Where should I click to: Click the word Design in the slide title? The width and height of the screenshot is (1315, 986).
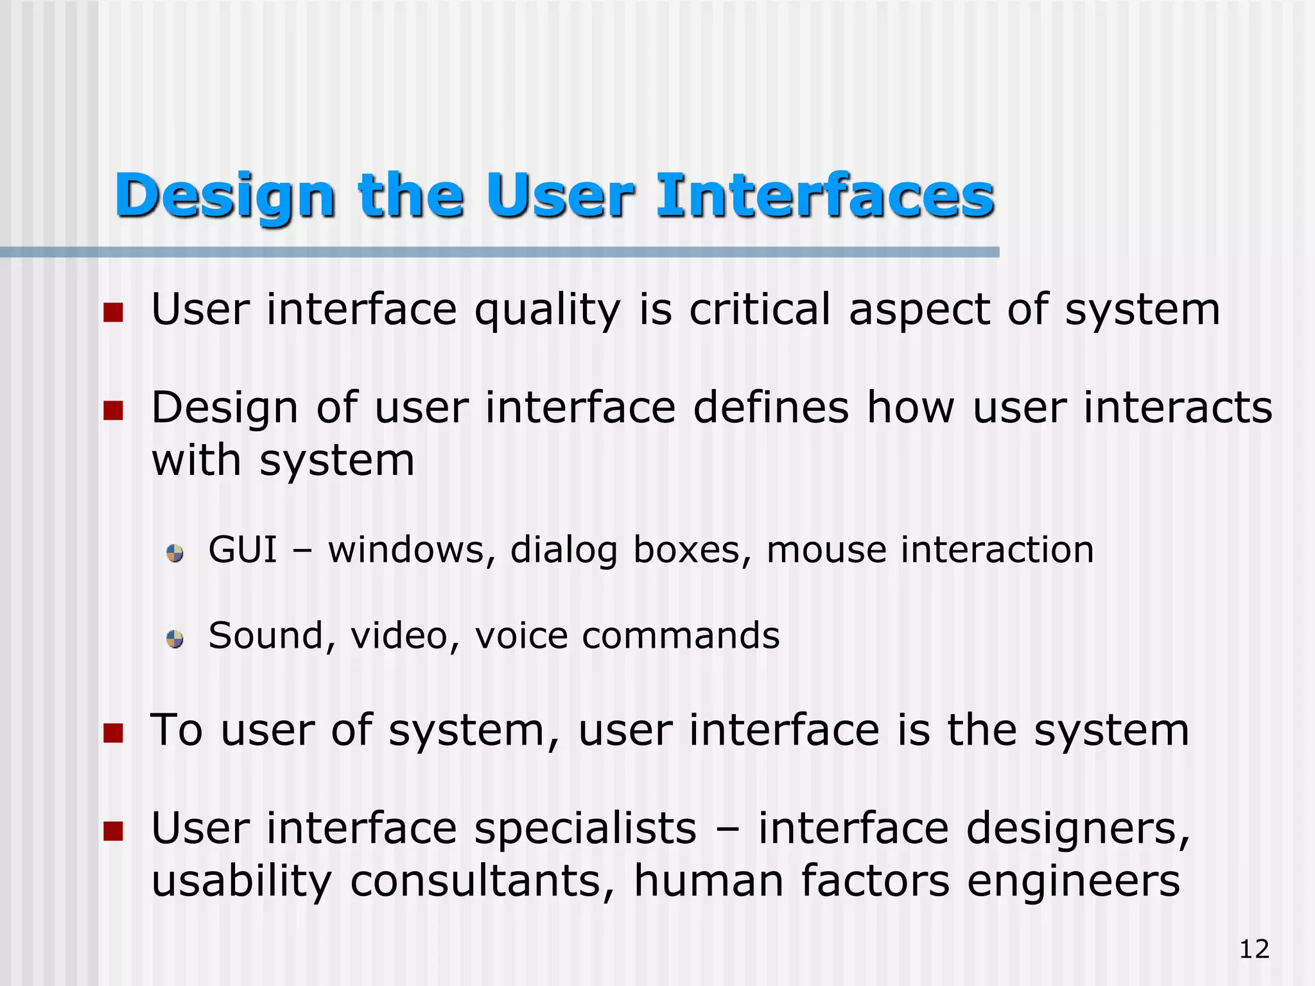pos(225,196)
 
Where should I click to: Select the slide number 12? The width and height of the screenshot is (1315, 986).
pos(1254,949)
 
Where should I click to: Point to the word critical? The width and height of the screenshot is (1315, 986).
pos(760,309)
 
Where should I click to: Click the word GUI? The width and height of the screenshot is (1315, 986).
pos(243,550)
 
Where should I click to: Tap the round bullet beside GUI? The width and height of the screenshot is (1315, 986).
pos(175,553)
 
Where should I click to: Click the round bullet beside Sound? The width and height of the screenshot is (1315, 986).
pos(175,639)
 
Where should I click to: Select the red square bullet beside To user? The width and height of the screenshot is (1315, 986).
pos(113,732)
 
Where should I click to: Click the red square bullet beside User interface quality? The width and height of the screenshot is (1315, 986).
pos(113,313)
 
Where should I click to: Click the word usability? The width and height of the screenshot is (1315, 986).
pos(241,882)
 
